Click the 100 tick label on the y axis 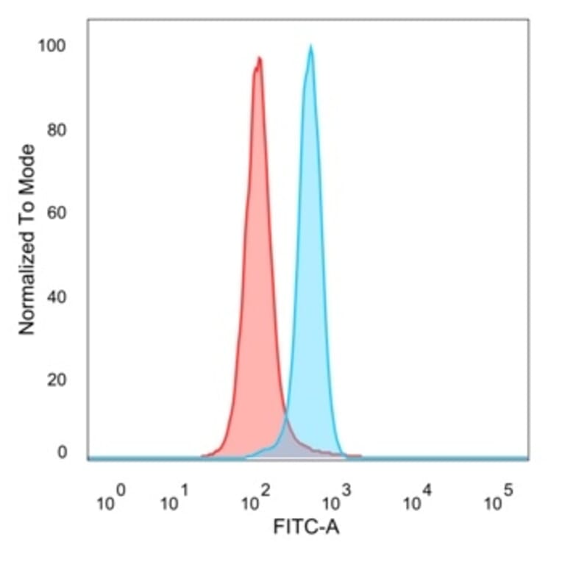point(52,46)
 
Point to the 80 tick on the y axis point(56,131)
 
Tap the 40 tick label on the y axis point(56,297)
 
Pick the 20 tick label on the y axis point(56,380)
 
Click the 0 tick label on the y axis point(62,452)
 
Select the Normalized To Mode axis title point(27,240)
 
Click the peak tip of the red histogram point(259,58)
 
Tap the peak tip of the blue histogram point(310,46)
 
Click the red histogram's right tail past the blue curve point(352,455)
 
